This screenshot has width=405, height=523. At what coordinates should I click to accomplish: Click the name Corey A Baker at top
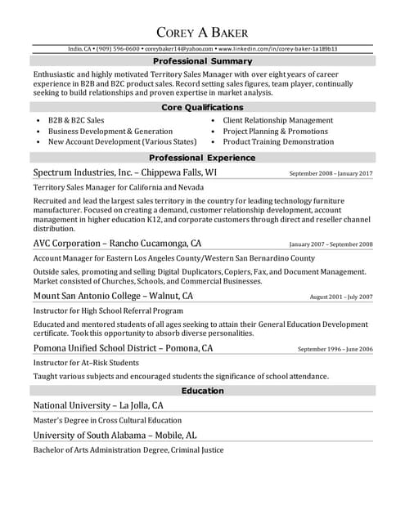pos(202,32)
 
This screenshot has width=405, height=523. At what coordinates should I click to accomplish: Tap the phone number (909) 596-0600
pos(119,49)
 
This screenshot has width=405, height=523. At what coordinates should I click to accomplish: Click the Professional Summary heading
pos(202,61)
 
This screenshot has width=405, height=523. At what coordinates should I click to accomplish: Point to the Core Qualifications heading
pos(202,107)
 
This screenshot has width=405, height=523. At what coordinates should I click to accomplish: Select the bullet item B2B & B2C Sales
pos(76,120)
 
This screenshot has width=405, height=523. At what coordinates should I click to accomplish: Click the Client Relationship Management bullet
pos(277,120)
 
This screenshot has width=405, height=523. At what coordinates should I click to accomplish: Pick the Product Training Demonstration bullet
pos(278,141)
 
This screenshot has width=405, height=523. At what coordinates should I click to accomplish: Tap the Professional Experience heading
pos(202,158)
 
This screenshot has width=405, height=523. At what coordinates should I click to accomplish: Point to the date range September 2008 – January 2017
pos(331,174)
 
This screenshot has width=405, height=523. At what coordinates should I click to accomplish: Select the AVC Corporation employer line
pos(117,244)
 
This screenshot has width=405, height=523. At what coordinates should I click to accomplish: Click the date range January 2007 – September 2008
pos(331,244)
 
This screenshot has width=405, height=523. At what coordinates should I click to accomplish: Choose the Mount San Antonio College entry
pos(113,296)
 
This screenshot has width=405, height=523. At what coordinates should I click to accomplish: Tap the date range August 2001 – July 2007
pos(341,297)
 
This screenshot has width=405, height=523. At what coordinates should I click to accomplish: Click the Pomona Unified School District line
pos(123,348)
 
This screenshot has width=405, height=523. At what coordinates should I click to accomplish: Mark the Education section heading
pos(202,391)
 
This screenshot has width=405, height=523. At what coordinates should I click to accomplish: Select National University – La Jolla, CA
pos(98,405)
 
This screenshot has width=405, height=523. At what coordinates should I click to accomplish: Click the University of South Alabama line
pos(115,436)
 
